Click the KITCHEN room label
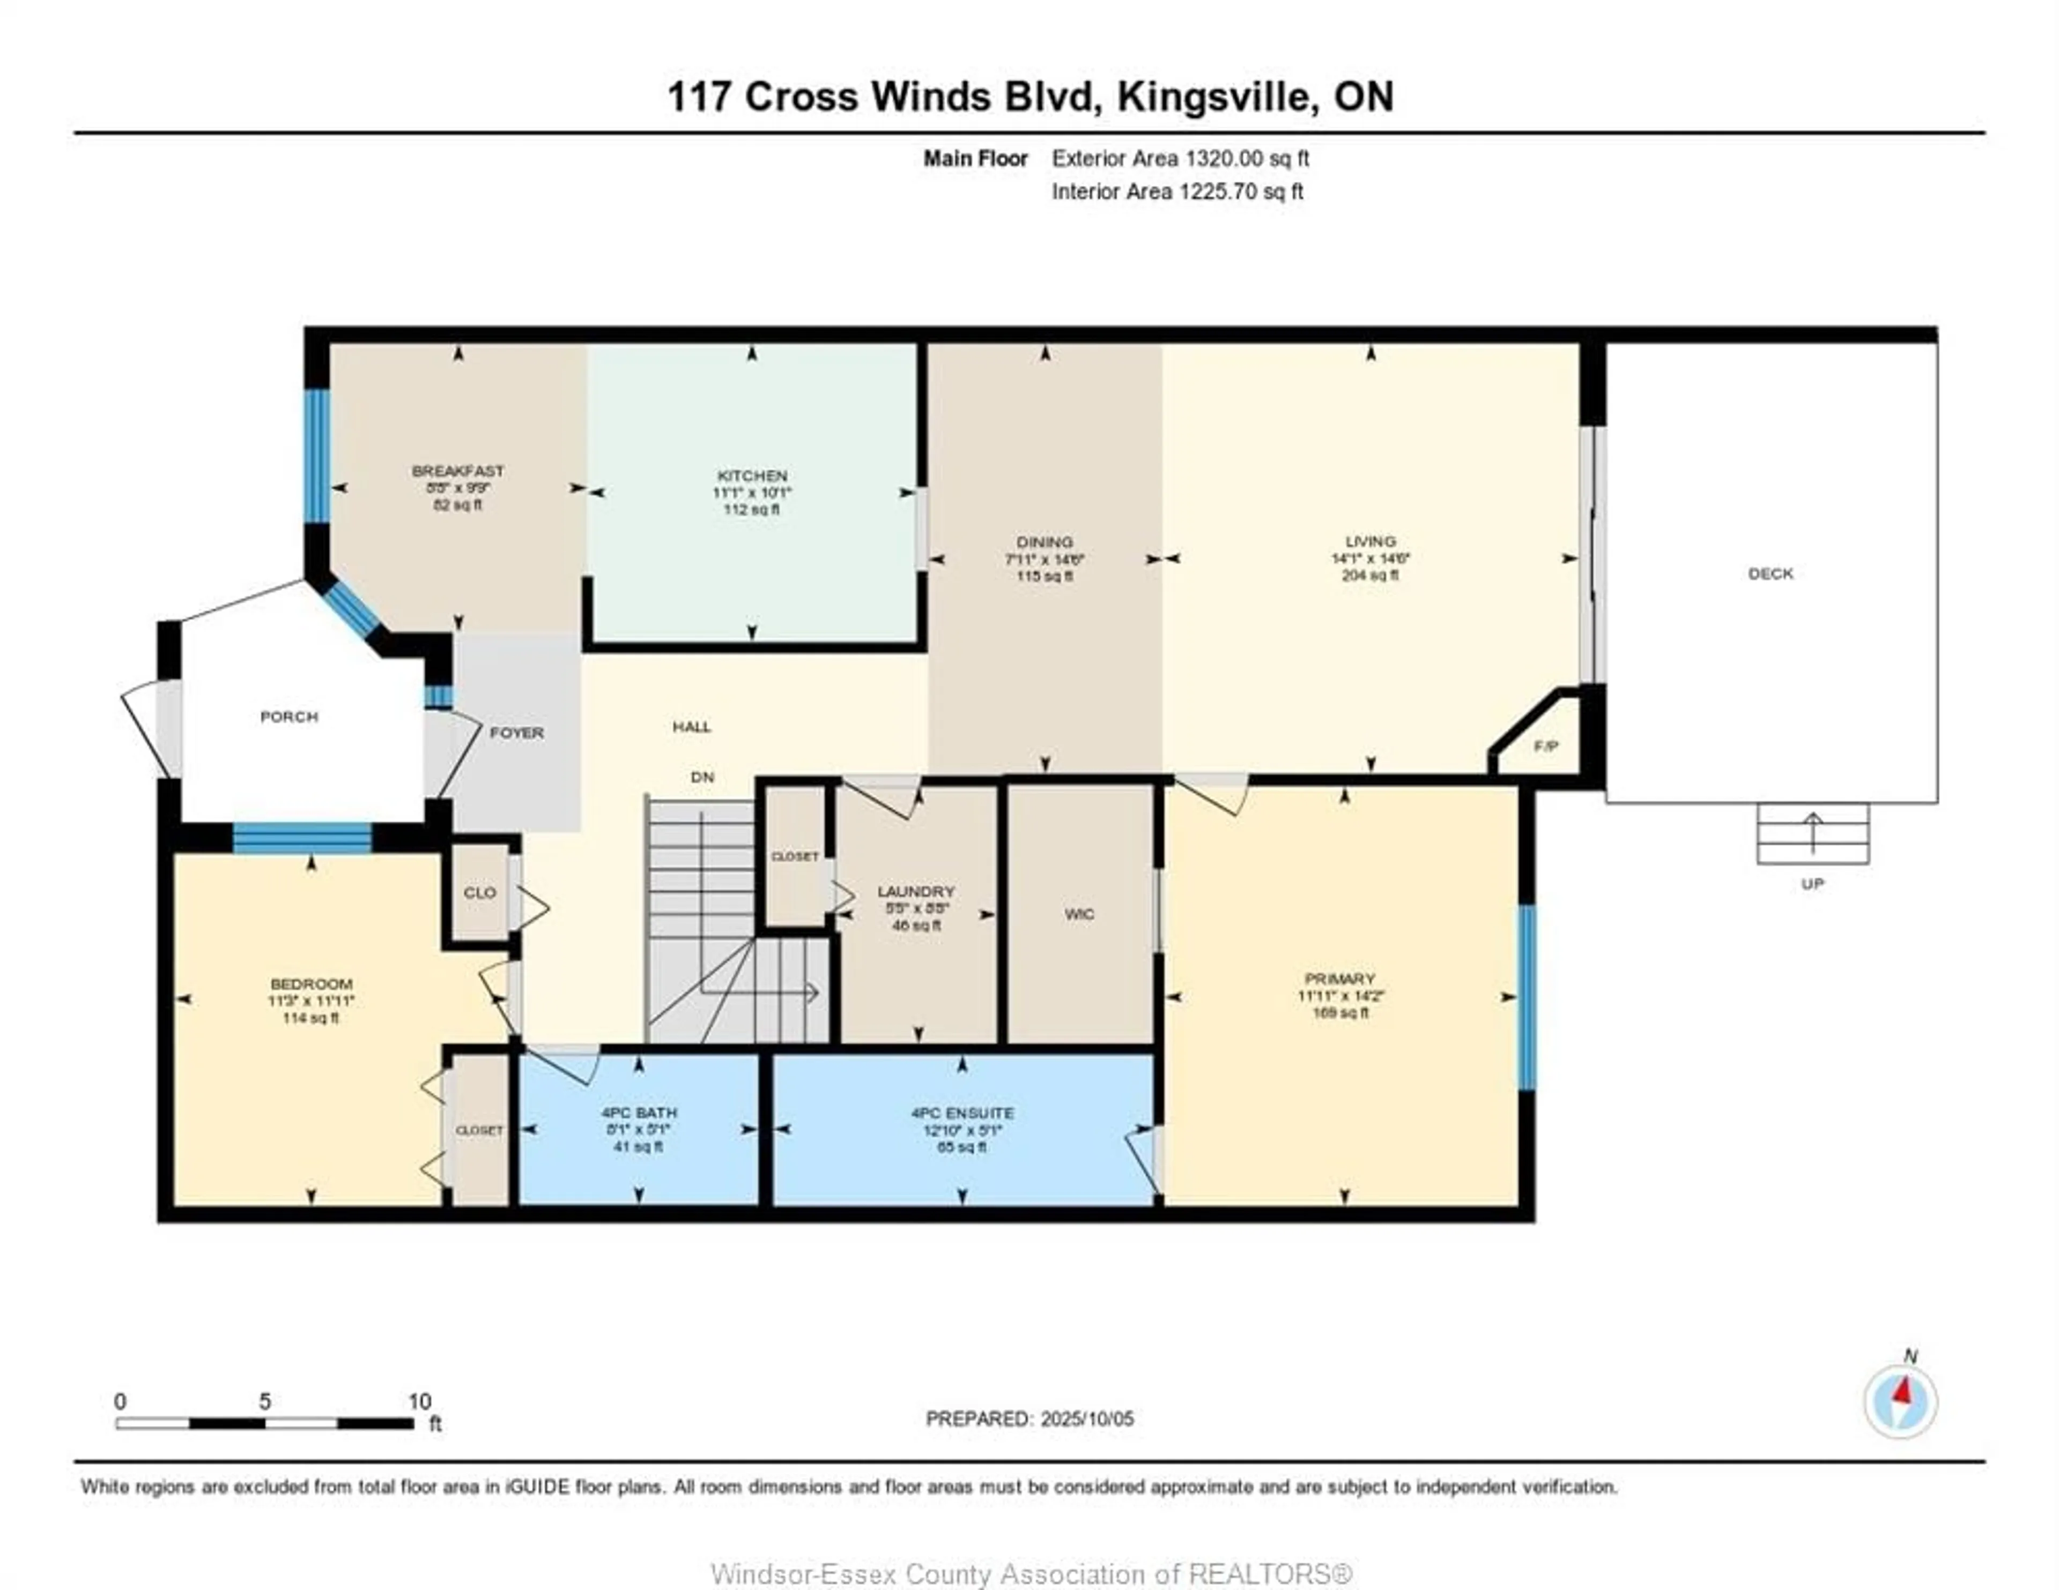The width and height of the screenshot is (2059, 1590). (x=751, y=476)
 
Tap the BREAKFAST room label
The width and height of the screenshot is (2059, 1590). (x=457, y=471)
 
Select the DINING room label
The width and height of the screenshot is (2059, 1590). (x=1045, y=542)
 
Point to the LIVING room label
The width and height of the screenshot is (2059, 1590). (x=1370, y=541)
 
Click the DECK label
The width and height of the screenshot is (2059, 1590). (x=1769, y=573)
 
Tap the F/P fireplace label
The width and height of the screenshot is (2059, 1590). (x=1545, y=747)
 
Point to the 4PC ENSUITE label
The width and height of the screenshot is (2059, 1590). (x=961, y=1113)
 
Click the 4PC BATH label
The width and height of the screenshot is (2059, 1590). (x=638, y=1113)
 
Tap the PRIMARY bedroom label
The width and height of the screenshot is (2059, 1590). (x=1339, y=979)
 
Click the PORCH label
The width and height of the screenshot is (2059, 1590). (x=288, y=717)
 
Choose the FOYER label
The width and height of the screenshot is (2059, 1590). (x=517, y=733)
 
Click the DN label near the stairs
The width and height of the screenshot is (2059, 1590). (x=702, y=778)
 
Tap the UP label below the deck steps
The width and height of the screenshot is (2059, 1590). (x=1812, y=884)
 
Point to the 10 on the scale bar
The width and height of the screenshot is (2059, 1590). (x=419, y=1401)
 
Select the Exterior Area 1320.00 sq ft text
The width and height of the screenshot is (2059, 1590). (x=1180, y=158)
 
